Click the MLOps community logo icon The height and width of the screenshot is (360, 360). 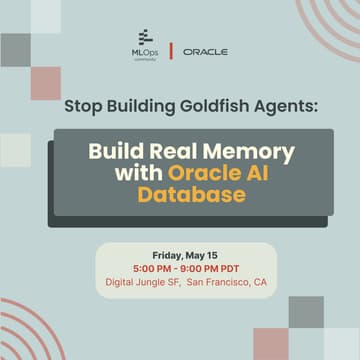click(146, 37)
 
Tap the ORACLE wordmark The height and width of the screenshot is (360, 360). click(206, 51)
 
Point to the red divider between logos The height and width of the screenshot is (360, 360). click(173, 50)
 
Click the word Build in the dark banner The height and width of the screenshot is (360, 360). click(115, 152)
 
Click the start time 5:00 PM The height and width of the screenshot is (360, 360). click(149, 267)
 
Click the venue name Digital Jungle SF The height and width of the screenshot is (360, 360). click(142, 282)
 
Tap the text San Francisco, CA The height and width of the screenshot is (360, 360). click(227, 282)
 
